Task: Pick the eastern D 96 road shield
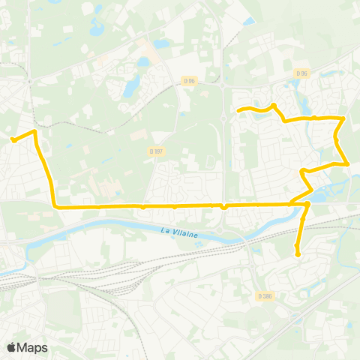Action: point(301,73)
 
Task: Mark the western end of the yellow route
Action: point(13,139)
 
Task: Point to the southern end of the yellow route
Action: point(298,254)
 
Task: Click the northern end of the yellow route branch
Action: point(239,112)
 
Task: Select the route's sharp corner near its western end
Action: point(34,132)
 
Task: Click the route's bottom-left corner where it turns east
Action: point(55,205)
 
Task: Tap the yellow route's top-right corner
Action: point(343,118)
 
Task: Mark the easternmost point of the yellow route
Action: point(348,163)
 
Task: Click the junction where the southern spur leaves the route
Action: point(307,203)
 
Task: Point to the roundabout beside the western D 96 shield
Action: point(223,85)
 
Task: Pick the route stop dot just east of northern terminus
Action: point(274,106)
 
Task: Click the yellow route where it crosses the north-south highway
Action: point(223,205)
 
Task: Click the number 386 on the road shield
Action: point(267,295)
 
